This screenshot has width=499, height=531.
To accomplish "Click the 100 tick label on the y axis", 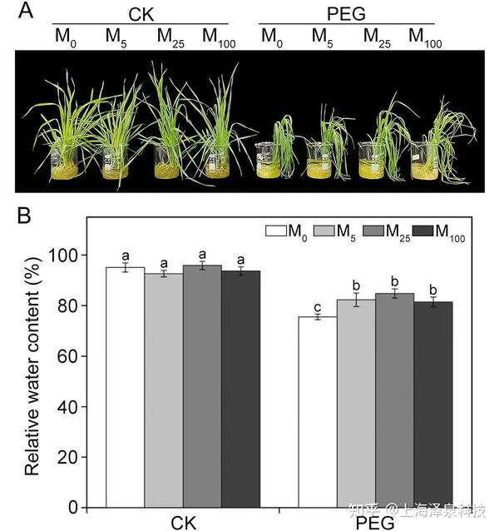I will [70, 255].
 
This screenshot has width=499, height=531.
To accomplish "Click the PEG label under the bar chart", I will [374, 523].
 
